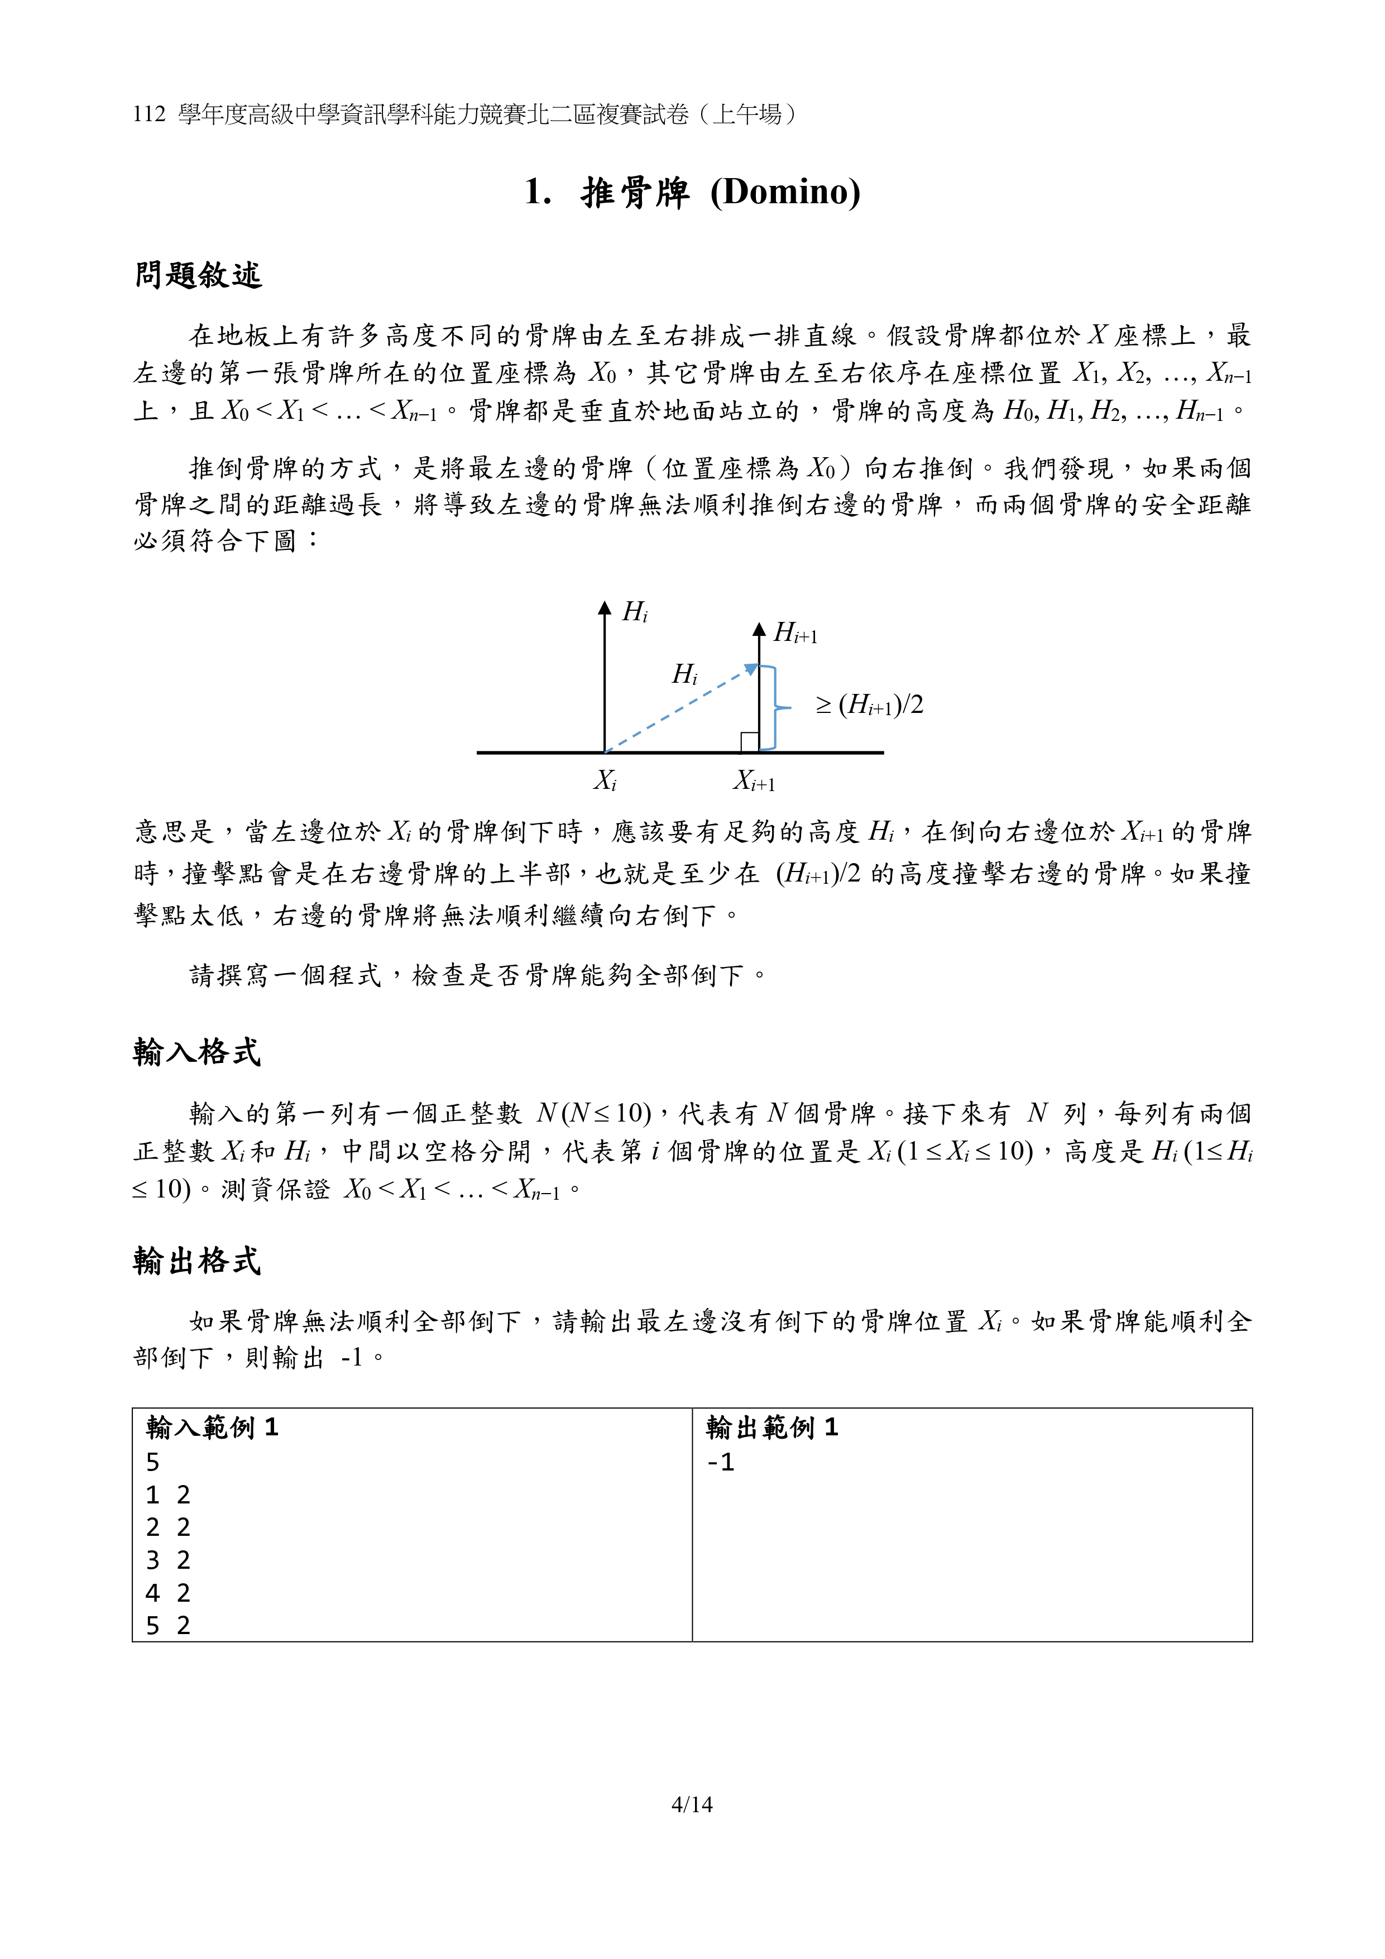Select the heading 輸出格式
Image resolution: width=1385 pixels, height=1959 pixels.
pos(197,1261)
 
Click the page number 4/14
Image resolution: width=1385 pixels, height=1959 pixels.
pos(692,1804)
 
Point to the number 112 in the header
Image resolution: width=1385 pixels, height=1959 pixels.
pos(150,114)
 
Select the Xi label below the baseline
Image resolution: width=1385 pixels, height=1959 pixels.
pos(605,780)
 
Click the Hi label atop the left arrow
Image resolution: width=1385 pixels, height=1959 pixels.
pos(635,612)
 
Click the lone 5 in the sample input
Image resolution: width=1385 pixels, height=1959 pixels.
pos(153,1463)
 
